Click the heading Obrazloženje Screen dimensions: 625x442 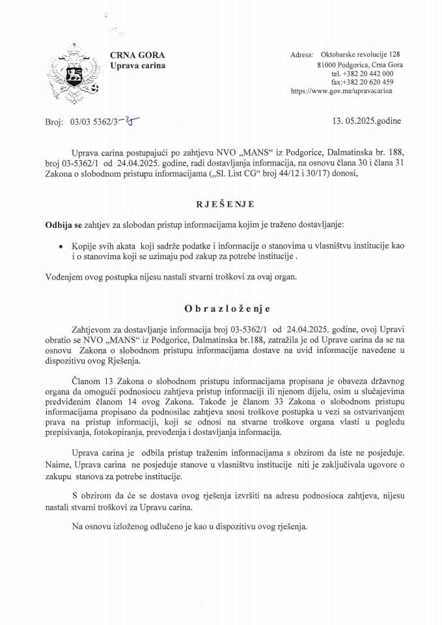click(x=221, y=309)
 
